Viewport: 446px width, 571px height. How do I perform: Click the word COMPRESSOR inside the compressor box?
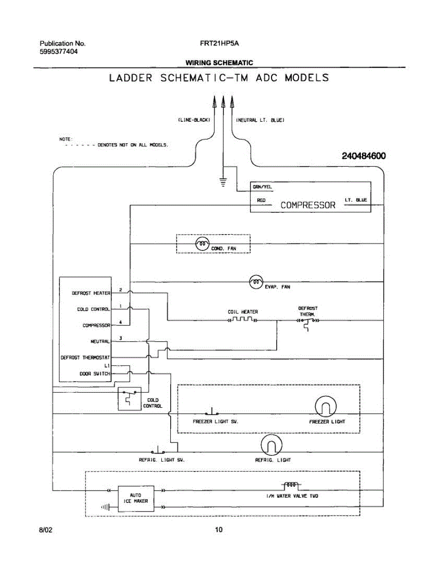click(308, 205)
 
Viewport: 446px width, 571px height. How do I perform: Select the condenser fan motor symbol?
click(202, 244)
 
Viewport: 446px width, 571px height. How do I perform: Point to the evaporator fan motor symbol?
click(256, 282)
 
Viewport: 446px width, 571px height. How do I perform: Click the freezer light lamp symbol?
click(326, 407)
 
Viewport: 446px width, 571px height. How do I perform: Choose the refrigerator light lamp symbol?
click(271, 446)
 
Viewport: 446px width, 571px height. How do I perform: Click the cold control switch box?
click(130, 399)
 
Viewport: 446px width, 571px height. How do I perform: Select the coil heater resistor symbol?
click(242, 320)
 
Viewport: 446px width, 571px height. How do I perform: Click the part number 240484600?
click(363, 156)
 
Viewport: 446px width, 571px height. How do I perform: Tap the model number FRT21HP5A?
click(219, 43)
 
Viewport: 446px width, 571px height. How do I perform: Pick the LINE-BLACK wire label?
click(191, 120)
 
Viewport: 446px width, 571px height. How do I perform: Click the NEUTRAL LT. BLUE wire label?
click(261, 120)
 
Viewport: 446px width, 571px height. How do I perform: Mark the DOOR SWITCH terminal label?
click(95, 374)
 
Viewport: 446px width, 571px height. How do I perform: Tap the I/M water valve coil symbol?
click(291, 485)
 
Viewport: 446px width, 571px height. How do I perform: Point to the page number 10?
click(219, 530)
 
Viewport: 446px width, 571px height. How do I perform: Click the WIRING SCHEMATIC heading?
click(219, 62)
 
